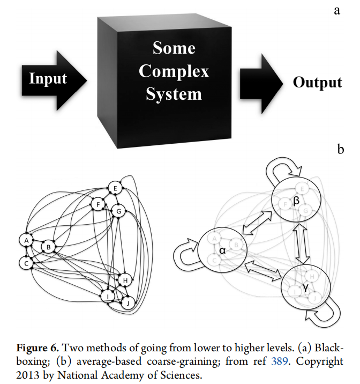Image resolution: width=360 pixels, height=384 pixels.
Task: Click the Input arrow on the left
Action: (x=51, y=79)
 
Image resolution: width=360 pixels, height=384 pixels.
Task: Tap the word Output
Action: (x=317, y=82)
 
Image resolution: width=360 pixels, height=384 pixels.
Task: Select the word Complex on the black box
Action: (x=177, y=71)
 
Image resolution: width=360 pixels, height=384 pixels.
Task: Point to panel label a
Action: (x=337, y=11)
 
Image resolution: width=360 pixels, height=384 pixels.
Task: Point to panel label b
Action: (x=341, y=149)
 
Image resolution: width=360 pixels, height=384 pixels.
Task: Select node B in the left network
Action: (x=48, y=247)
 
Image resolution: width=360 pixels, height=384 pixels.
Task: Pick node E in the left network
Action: (x=115, y=188)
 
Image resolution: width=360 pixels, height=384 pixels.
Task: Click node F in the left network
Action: (x=97, y=205)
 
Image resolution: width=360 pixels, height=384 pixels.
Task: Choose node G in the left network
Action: (x=119, y=211)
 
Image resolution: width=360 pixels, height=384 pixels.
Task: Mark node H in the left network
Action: (x=125, y=279)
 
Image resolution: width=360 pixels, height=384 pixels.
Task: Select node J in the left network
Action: (x=129, y=302)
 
